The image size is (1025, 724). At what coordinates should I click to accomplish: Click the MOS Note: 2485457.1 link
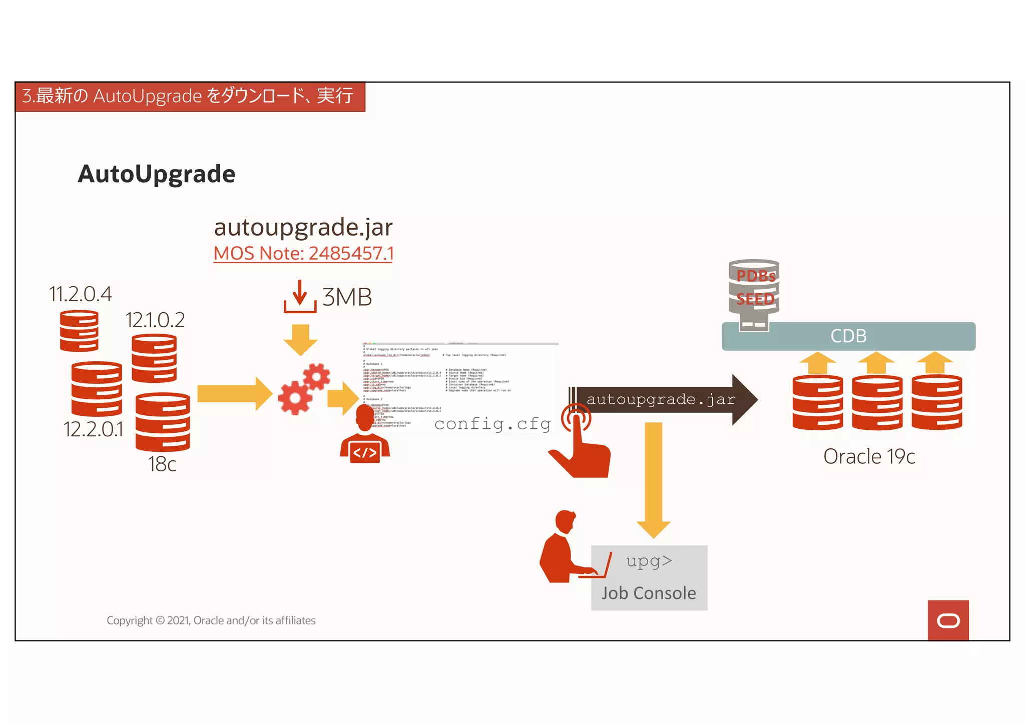coord(303,254)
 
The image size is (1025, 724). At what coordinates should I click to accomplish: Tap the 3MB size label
coord(347,297)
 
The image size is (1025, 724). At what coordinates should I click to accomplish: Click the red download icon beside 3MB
coord(300,297)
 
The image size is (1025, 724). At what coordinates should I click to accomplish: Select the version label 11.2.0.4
coord(80,294)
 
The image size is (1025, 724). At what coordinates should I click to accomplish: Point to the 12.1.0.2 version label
coord(155,320)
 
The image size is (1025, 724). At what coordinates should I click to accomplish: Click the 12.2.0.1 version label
coord(93,429)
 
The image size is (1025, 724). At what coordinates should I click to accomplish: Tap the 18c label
coord(162,464)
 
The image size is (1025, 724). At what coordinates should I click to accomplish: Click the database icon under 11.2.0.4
coord(79,331)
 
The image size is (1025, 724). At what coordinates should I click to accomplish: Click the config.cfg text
coord(492,424)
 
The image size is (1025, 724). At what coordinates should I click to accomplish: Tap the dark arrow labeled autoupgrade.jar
coord(661,399)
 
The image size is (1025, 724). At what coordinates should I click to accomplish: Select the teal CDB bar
coord(848,336)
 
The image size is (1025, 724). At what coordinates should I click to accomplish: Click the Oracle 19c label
coord(869,456)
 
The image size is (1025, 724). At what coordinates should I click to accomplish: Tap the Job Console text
coord(649,593)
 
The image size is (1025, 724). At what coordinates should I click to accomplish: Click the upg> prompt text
coord(649,561)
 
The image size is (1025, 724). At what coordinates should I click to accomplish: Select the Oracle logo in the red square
coord(948,621)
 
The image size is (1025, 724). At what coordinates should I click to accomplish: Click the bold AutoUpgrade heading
coord(157,174)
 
